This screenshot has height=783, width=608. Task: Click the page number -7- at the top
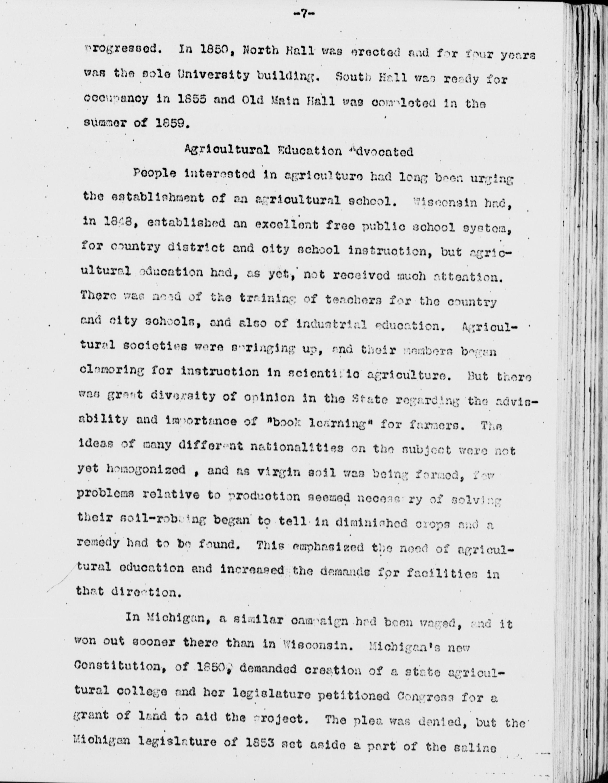point(304,15)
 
